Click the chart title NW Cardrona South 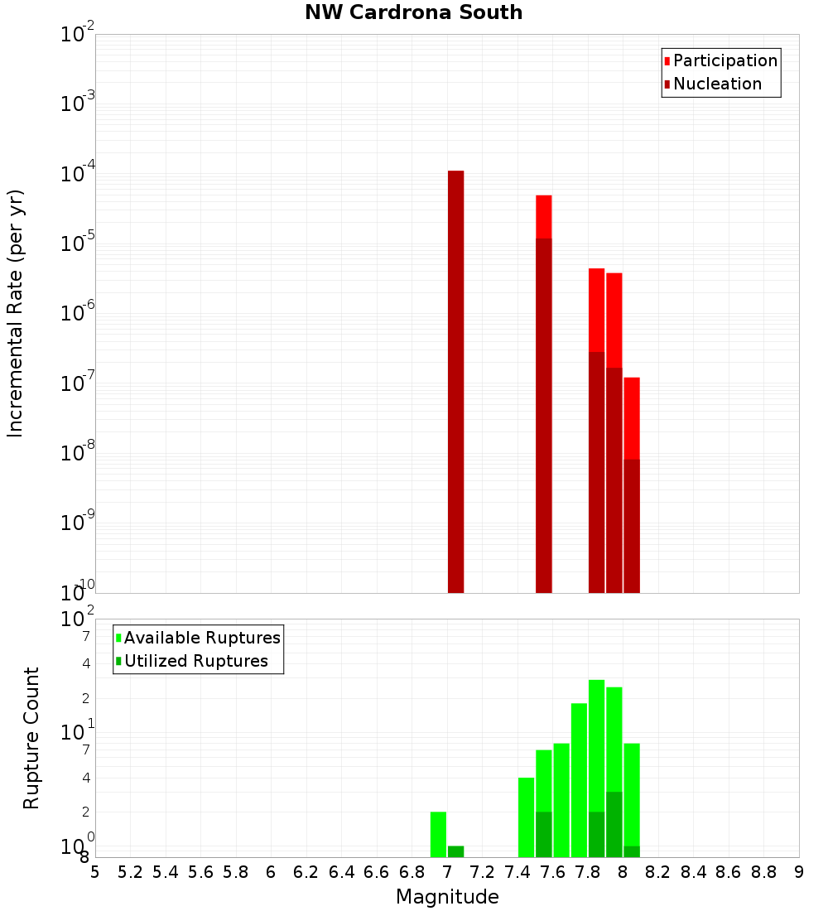click(413, 12)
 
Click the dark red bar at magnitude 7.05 click(455, 381)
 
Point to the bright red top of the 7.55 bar click(543, 216)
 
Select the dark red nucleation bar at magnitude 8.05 click(631, 526)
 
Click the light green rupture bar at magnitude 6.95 click(438, 834)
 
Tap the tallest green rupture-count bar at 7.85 click(596, 745)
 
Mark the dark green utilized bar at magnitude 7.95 click(614, 824)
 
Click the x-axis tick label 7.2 click(482, 872)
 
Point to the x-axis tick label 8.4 click(693, 872)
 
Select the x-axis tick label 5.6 click(200, 872)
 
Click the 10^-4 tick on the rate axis click(78, 174)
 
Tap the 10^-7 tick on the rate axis click(78, 383)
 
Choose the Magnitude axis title click(447, 897)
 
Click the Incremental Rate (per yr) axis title click(16, 314)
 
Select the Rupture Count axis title click(31, 738)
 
